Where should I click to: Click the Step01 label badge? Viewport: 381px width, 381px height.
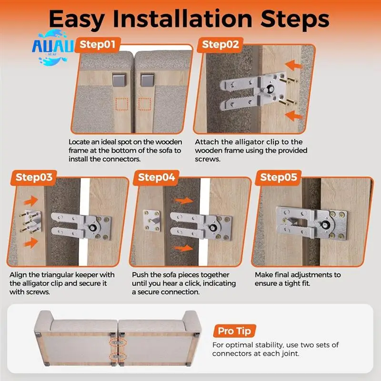(x=98, y=45)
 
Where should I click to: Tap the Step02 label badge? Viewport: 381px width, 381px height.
(x=220, y=45)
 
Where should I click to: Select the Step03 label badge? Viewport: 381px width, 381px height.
(x=34, y=178)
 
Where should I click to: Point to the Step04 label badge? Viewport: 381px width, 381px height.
(x=156, y=178)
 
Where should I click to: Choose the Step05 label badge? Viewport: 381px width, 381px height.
(x=279, y=178)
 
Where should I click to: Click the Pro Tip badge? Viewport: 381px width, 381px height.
(x=234, y=331)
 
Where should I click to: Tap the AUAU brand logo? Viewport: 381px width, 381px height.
(x=53, y=47)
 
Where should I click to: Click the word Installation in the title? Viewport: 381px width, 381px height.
(x=182, y=19)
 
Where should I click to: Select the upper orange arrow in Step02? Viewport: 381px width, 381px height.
(x=293, y=65)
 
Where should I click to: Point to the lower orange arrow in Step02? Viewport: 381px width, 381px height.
(x=293, y=116)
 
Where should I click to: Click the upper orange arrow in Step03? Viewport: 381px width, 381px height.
(x=31, y=201)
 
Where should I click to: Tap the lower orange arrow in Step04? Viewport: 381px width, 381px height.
(x=184, y=248)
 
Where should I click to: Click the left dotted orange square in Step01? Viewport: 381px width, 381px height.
(x=122, y=104)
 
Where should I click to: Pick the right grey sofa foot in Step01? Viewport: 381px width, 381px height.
(x=147, y=80)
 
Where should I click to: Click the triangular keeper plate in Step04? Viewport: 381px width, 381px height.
(x=151, y=220)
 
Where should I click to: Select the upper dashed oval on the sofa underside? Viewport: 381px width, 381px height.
(x=118, y=342)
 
